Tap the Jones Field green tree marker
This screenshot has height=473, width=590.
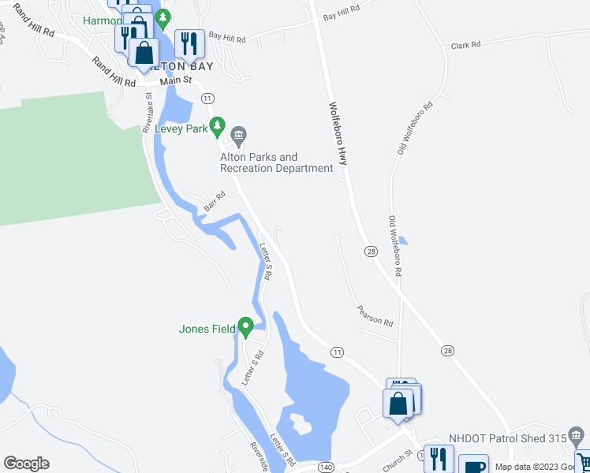[245, 326]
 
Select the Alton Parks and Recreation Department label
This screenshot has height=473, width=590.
[276, 162]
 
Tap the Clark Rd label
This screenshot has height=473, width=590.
[465, 46]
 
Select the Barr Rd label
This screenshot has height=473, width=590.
[215, 201]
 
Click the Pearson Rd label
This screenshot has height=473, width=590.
[374, 316]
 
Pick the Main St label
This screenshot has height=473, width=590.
[175, 80]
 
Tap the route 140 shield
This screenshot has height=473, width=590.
[327, 467]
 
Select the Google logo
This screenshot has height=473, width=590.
[26, 464]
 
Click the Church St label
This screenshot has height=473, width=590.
[398, 457]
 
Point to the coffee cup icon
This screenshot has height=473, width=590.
[472, 465]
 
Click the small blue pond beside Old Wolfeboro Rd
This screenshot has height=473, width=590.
[403, 240]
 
